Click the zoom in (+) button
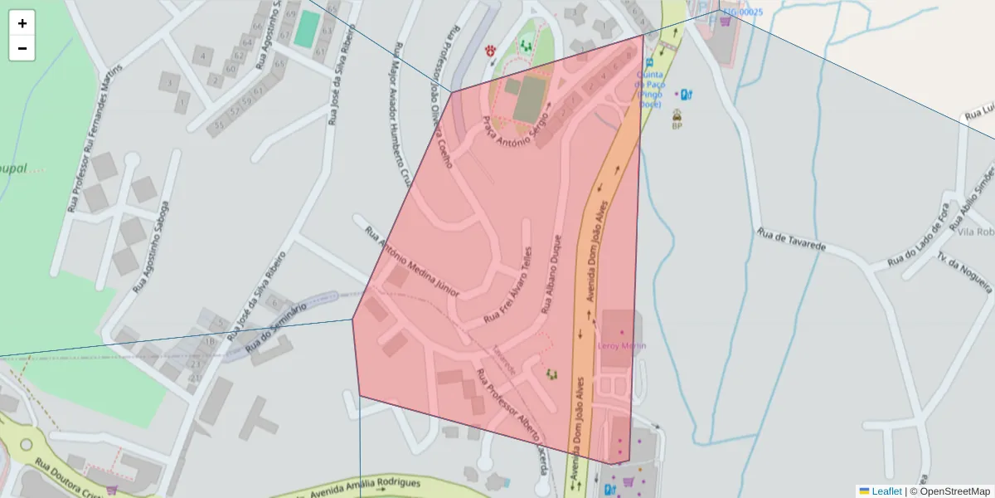pyautogui.click(x=22, y=23)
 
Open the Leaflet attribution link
pyautogui.click(x=886, y=491)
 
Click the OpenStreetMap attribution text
pyautogui.click(x=949, y=491)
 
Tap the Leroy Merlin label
pyautogui.click(x=622, y=345)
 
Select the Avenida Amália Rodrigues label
pyautogui.click(x=365, y=487)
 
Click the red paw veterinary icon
pyautogui.click(x=491, y=51)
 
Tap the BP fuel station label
pyautogui.click(x=677, y=125)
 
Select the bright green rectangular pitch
pyautogui.click(x=307, y=28)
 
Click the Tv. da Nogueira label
pyautogui.click(x=965, y=274)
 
